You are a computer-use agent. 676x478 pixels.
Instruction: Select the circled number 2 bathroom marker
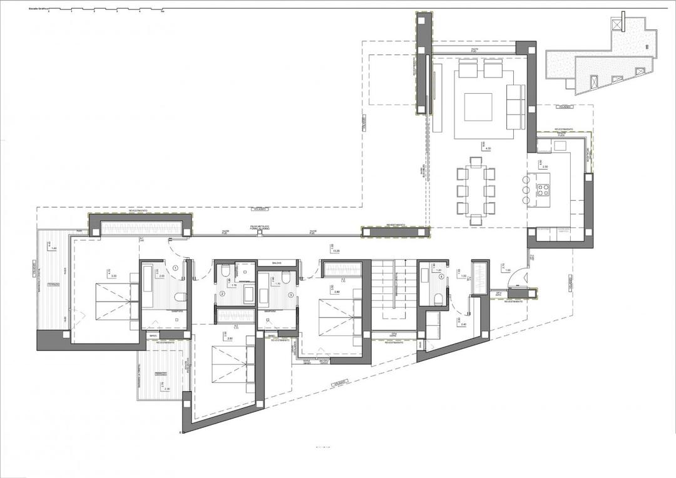(222, 294)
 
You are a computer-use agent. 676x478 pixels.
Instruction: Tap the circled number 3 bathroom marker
(291, 294)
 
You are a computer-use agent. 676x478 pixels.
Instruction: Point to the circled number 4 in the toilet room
(441, 277)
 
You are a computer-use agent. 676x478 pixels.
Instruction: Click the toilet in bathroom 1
(180, 296)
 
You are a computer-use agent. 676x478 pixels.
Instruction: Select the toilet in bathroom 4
(439, 297)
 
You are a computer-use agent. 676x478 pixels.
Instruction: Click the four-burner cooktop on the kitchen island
(543, 186)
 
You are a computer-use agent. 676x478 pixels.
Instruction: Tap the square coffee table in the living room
(477, 106)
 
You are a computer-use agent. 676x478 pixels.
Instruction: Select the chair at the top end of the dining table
(476, 163)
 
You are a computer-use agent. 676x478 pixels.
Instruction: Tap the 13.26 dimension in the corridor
(336, 251)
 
